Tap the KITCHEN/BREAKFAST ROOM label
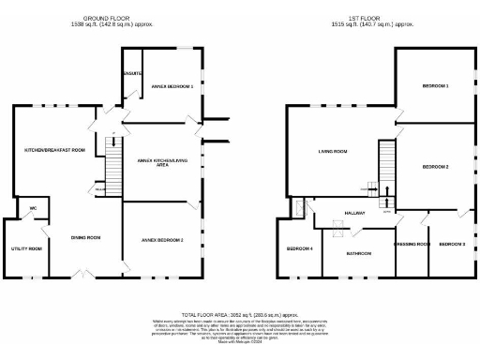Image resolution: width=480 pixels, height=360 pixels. click(x=54, y=150)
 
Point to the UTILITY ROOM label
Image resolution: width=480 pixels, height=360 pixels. click(x=27, y=248)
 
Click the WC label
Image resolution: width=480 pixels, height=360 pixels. click(x=32, y=208)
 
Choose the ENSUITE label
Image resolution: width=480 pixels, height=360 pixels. click(x=132, y=71)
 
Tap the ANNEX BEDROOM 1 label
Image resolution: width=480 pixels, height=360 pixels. click(x=172, y=86)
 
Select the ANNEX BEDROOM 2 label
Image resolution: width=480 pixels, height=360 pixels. click(x=161, y=241)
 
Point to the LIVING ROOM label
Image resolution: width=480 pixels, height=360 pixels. click(x=333, y=150)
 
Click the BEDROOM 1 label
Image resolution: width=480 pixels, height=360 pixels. click(x=435, y=86)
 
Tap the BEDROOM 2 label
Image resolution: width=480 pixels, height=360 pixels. click(x=435, y=166)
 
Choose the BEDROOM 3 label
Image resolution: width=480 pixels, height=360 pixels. click(x=452, y=244)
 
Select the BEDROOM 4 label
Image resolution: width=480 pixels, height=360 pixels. click(x=299, y=248)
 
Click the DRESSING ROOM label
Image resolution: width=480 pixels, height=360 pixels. click(x=412, y=244)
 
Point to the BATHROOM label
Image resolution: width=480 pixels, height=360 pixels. click(x=359, y=253)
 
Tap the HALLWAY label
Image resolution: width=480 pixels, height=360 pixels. click(x=353, y=214)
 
